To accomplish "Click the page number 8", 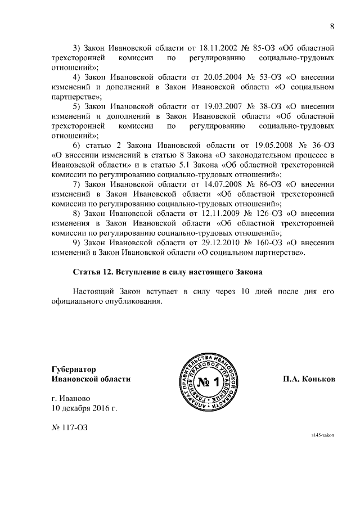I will (331, 26).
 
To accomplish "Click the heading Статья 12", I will (93, 272).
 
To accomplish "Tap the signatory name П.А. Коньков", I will (309, 379).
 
